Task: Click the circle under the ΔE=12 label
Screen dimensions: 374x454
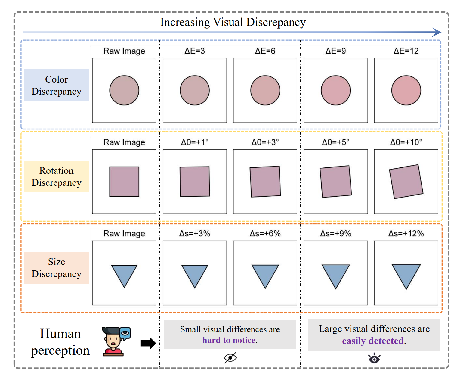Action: [406, 90]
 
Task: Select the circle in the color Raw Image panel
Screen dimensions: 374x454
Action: [124, 90]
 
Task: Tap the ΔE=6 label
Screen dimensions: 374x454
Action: [265, 51]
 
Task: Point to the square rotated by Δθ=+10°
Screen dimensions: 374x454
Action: [406, 182]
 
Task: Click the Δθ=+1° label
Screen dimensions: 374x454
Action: [195, 142]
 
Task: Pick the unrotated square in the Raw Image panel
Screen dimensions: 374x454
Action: [124, 182]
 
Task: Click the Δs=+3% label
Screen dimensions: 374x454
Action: [195, 233]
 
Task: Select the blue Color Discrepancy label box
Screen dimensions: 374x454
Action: [57, 85]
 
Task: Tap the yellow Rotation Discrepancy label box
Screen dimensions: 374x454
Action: [57, 176]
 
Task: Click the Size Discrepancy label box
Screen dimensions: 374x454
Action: [57, 268]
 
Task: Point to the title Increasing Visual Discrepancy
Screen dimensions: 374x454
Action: [233, 22]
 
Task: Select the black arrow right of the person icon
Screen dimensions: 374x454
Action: [148, 343]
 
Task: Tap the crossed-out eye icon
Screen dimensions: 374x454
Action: [230, 358]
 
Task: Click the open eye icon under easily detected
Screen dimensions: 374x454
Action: [374, 359]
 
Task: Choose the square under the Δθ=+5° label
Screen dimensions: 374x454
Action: [335, 182]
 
